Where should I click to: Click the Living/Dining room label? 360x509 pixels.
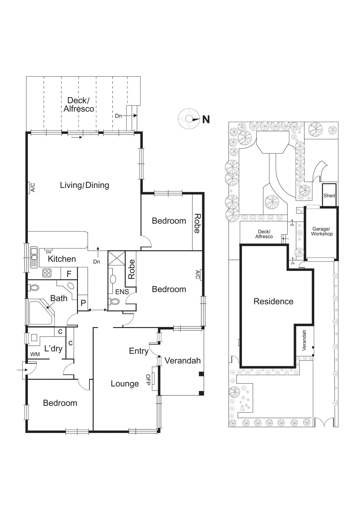tap(84, 185)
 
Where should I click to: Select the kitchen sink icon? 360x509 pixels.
tap(34, 257)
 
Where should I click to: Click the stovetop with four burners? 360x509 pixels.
tap(47, 273)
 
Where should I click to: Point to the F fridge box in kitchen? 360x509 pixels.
tap(69, 274)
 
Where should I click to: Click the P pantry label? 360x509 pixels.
tap(83, 303)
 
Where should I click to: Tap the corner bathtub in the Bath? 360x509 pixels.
tap(40, 312)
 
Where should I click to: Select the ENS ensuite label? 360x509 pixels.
tap(122, 292)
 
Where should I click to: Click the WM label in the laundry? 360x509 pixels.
tap(35, 354)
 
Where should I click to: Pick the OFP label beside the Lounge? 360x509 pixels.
tap(148, 380)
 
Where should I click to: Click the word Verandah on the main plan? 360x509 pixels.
tap(183, 361)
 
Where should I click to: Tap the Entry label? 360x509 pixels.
tap(139, 351)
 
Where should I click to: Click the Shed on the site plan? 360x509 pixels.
tap(329, 195)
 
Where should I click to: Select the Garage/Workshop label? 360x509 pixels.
tap(322, 231)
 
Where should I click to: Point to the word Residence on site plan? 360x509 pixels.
tap(273, 301)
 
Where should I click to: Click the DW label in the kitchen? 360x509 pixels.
tap(49, 252)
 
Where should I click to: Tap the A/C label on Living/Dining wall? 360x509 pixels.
tap(33, 187)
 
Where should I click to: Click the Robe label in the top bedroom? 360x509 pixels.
tap(197, 223)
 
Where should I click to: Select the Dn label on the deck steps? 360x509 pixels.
tap(118, 116)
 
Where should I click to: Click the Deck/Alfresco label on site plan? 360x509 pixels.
tap(264, 234)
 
